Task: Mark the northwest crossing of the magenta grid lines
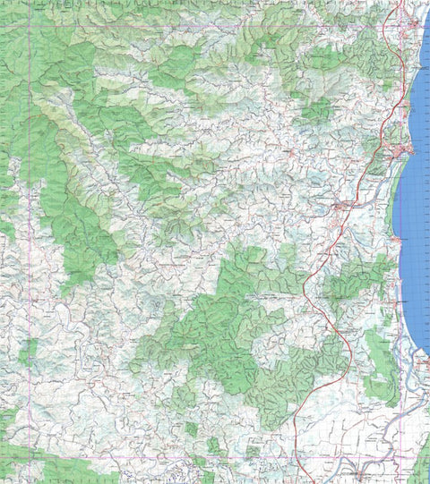pos(30,27)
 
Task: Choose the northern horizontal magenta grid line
pos(215,27)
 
